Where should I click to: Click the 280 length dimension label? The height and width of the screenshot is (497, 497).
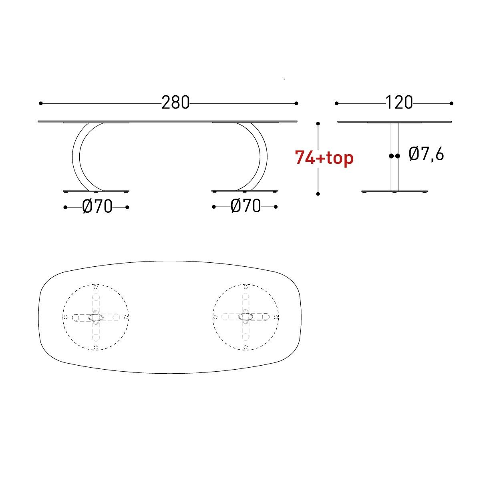coord(175,103)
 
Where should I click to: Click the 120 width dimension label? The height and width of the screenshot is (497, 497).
coord(399,103)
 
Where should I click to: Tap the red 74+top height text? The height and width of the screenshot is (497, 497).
coord(324,157)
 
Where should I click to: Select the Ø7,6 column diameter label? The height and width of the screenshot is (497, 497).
coord(426,154)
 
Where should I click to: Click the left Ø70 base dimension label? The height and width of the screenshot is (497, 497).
coord(97,207)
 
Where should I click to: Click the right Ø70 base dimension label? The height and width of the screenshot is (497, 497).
coord(245,207)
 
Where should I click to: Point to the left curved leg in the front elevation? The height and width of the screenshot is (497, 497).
coord(76,156)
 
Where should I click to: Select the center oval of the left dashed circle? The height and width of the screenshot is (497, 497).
coord(96,317)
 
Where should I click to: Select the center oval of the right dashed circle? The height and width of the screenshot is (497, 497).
coord(245,317)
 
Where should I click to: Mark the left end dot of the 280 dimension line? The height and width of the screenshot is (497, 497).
coord(41,103)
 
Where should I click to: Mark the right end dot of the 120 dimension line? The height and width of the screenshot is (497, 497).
coord(451,103)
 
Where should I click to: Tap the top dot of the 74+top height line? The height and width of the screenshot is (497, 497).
coord(318,124)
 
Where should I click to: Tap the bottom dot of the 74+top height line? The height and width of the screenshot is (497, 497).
coord(318,194)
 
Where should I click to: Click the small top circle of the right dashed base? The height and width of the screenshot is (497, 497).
coord(245,286)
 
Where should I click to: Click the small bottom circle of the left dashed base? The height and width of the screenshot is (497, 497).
coord(96,348)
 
